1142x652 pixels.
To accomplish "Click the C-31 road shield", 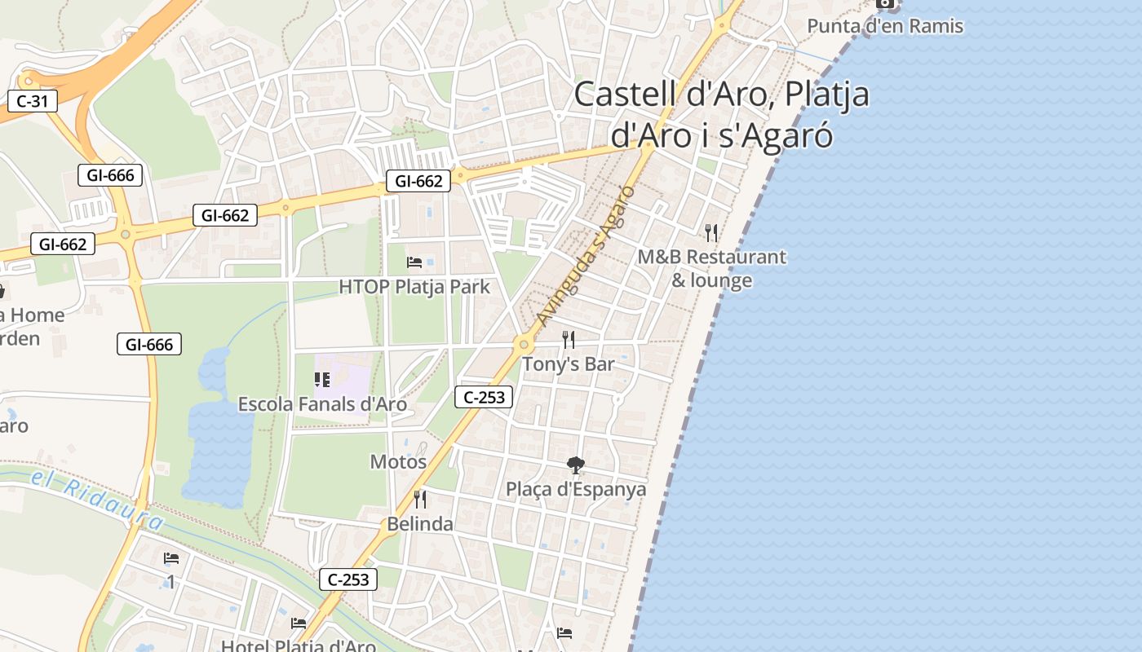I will point(33,102).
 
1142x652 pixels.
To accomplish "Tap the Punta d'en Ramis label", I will point(885,26).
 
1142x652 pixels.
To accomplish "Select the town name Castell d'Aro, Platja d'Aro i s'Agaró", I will point(722,114).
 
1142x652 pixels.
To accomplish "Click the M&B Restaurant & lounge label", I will point(711,268).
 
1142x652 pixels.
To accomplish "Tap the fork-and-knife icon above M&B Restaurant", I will point(711,233).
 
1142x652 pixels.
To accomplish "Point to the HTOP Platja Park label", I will point(414,287).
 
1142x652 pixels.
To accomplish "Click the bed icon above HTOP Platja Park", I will point(414,262).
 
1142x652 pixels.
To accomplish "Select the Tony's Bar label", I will point(568,363).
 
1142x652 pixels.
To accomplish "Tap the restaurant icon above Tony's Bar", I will point(569,340).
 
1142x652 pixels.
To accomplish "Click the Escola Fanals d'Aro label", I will point(322,403).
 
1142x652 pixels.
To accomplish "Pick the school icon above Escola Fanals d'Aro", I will point(322,379).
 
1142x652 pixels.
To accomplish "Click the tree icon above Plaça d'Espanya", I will point(576,465).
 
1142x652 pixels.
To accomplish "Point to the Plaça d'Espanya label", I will point(576,489).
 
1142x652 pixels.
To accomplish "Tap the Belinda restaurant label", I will point(420,523).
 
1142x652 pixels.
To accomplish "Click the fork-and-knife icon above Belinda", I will point(420,499).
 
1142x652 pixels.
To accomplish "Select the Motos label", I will point(398,461).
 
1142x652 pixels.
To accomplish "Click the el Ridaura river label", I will point(98,496).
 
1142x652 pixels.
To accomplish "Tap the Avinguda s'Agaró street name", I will point(586,255).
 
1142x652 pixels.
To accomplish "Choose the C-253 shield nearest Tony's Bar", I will point(484,398).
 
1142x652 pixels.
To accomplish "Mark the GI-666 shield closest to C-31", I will point(110,174).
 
